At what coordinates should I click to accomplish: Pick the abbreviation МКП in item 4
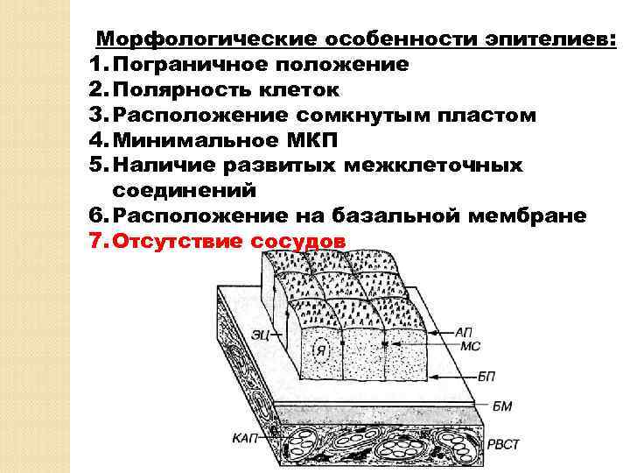click(x=316, y=140)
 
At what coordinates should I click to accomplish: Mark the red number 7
click(x=96, y=241)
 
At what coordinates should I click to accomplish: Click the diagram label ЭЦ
click(x=259, y=332)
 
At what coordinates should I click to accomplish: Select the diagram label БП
click(x=486, y=376)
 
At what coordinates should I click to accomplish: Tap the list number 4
click(x=96, y=140)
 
